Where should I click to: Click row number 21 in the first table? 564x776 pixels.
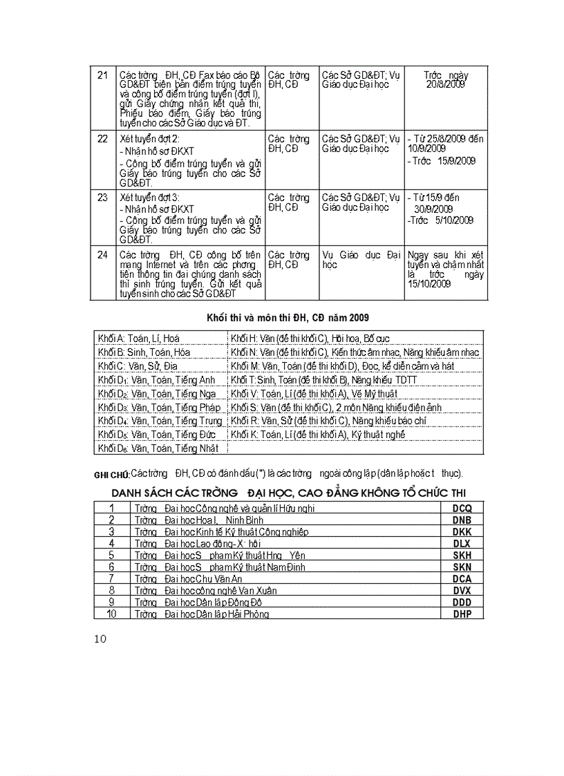[x=102, y=75]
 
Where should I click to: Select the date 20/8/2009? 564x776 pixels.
[x=446, y=84]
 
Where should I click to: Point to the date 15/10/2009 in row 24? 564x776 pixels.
[x=429, y=283]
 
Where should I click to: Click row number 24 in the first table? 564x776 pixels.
[x=102, y=255]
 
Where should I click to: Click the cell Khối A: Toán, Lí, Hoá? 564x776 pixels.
[x=139, y=339]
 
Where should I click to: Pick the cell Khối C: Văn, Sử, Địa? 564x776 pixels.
[x=138, y=366]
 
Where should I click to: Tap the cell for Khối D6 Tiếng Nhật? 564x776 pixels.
[x=158, y=448]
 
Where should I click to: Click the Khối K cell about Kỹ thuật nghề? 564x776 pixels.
[x=318, y=435]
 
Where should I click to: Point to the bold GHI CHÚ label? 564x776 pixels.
[x=111, y=475]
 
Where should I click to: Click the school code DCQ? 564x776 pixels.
[x=462, y=508]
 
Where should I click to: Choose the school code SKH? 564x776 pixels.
[x=462, y=556]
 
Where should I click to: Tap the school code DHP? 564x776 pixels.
[x=462, y=614]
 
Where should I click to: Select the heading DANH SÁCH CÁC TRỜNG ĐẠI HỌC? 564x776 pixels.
[x=288, y=492]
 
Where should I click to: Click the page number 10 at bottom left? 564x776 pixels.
[x=100, y=638]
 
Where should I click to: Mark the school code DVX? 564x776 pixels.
[x=462, y=591]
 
